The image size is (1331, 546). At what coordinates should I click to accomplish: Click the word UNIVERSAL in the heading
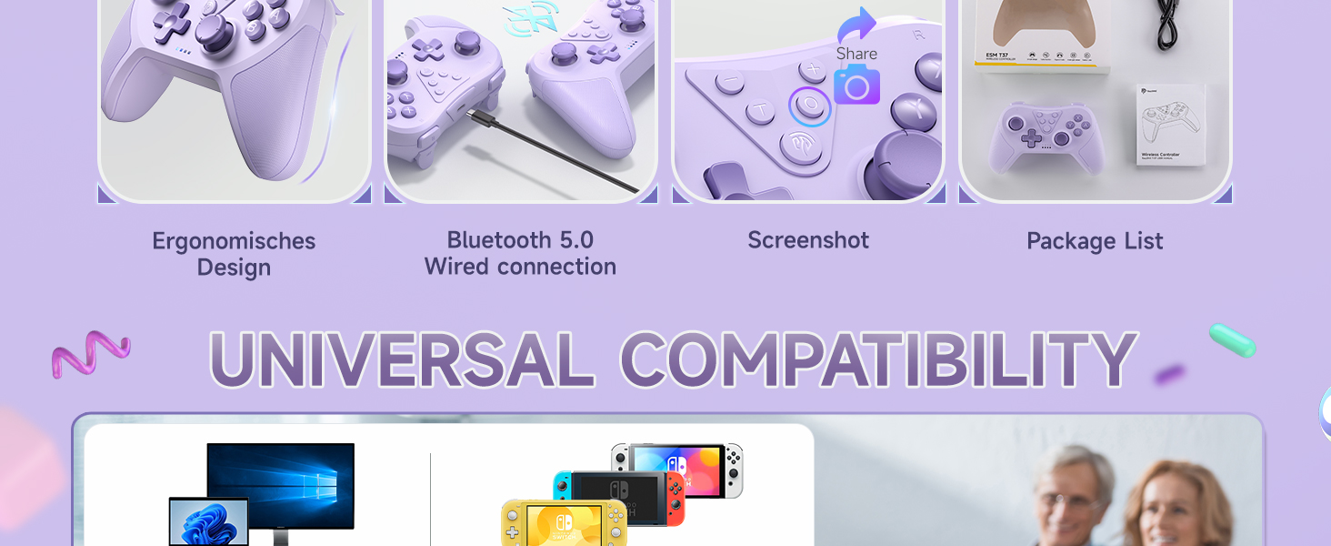[x=401, y=360]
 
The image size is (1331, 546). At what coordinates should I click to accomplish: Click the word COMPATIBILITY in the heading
[x=878, y=360]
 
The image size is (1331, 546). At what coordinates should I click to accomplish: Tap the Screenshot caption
[x=808, y=240]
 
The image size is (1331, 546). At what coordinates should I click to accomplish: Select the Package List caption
[x=1095, y=241]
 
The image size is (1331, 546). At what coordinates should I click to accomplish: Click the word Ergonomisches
[x=234, y=241]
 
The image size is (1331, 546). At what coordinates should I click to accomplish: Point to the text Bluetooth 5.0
[x=520, y=240]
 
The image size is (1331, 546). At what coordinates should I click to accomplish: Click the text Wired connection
[x=520, y=267]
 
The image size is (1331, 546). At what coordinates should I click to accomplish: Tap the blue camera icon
[x=856, y=85]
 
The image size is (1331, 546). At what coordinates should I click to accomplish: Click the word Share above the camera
[x=856, y=54]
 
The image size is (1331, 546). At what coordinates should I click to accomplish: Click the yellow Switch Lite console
[x=564, y=523]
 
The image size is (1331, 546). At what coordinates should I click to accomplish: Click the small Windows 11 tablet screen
[x=208, y=521]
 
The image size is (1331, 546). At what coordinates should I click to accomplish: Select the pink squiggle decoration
[x=90, y=352]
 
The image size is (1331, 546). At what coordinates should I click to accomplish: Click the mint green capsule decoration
[x=1232, y=340]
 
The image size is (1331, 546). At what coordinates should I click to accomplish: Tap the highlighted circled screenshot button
[x=808, y=106]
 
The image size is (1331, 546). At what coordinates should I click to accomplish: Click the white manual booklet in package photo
[x=1171, y=125]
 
